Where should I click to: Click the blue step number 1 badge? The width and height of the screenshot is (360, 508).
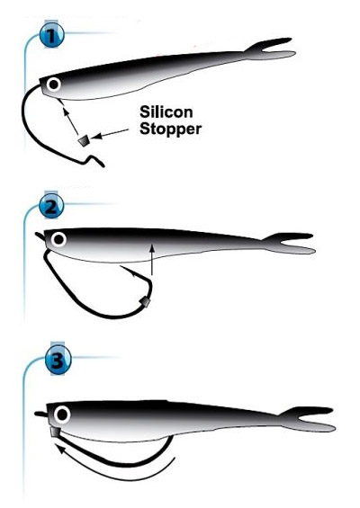click(x=51, y=35)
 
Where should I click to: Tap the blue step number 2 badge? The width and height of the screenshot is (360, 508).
click(x=51, y=205)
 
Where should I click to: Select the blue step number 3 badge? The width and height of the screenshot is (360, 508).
click(x=58, y=360)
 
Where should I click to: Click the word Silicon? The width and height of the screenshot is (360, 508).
click(x=166, y=112)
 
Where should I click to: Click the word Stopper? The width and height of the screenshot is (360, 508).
click(x=171, y=129)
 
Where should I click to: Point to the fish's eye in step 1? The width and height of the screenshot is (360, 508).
click(x=53, y=85)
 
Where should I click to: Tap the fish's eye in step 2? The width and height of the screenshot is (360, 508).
click(x=59, y=240)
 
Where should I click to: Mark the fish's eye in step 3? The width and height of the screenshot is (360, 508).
click(x=62, y=414)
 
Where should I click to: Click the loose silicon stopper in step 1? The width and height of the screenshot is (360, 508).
click(x=84, y=141)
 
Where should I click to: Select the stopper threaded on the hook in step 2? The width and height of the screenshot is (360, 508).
click(x=144, y=303)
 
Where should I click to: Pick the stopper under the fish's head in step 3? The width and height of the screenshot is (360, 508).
click(x=55, y=432)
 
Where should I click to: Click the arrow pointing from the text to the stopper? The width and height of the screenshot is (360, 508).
click(x=110, y=133)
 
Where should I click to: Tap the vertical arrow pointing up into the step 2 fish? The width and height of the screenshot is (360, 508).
click(x=151, y=260)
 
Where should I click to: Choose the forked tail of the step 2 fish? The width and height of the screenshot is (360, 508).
click(x=289, y=243)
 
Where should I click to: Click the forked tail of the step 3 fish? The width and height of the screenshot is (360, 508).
click(x=308, y=419)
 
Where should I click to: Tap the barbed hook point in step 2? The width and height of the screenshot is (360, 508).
click(x=128, y=271)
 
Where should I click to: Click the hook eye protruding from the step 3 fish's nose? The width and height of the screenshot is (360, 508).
click(x=40, y=414)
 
